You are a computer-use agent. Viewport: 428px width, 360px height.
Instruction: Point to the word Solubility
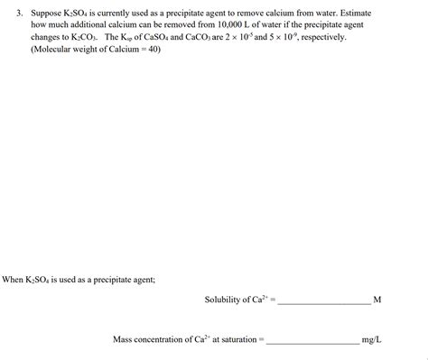225,299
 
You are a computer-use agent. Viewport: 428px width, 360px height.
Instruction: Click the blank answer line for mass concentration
312,344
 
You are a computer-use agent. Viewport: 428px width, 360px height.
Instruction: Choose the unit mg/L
371,340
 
